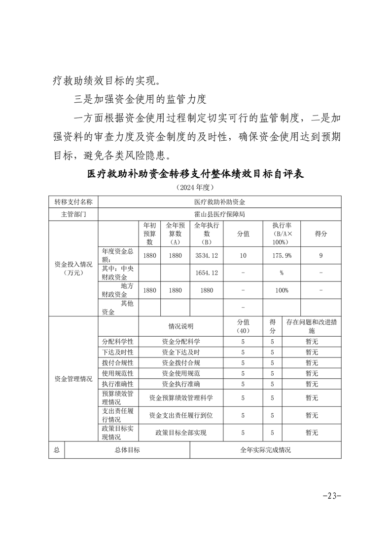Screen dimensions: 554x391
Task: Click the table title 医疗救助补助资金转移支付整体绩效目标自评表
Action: point(195,175)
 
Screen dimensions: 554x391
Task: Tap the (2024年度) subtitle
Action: point(195,188)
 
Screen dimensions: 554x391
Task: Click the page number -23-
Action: point(331,496)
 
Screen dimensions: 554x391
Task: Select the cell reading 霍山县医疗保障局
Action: point(219,215)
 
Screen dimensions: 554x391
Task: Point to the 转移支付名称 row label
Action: point(73,202)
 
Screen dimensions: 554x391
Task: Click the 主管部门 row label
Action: point(73,215)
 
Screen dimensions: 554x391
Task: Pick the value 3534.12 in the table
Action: point(207,256)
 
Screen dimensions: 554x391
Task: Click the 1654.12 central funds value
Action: point(207,273)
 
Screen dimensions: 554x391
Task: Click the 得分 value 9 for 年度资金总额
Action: point(321,256)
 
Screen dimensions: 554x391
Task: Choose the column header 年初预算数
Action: point(149,234)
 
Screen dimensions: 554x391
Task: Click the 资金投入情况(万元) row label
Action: point(73,269)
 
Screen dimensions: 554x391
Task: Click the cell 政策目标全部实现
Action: point(181,433)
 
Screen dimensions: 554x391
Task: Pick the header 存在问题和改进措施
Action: point(312,326)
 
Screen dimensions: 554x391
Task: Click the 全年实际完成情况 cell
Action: point(265,450)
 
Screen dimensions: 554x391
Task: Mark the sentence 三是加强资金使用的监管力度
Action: point(139,99)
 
